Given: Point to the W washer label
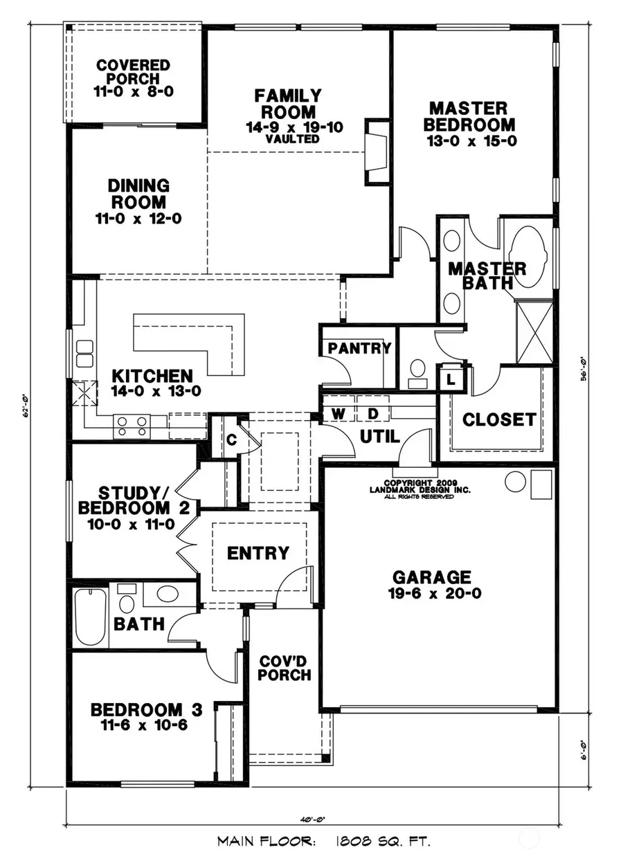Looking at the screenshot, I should point(339,413).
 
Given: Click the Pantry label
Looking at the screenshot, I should point(359,348).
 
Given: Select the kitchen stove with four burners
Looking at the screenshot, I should point(132,424).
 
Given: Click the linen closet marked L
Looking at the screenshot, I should point(451,379).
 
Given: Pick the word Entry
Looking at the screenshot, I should point(258,553).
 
